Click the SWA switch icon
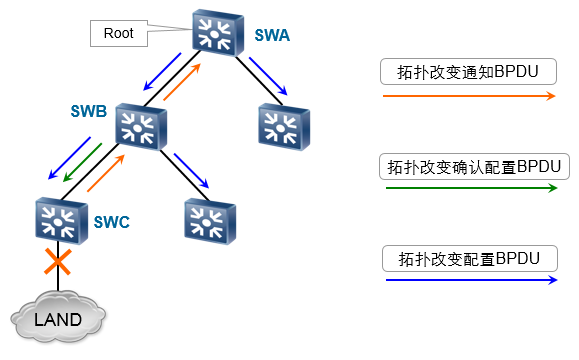[218, 33]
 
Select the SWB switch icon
[141, 127]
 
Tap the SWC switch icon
[62, 221]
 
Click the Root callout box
[119, 34]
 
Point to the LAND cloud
[58, 318]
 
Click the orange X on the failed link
[58, 262]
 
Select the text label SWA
[272, 35]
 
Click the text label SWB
[89, 111]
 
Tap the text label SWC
[112, 222]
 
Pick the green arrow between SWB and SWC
[82, 162]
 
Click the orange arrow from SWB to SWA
[182, 82]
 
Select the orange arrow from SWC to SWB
[106, 173]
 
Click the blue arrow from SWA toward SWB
[162, 72]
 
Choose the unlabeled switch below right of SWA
[284, 127]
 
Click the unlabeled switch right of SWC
[210, 221]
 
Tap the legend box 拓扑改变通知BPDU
[468, 72]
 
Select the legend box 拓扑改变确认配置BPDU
[474, 167]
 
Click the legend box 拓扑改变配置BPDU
[470, 258]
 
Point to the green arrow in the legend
[472, 188]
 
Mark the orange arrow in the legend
[469, 96]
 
